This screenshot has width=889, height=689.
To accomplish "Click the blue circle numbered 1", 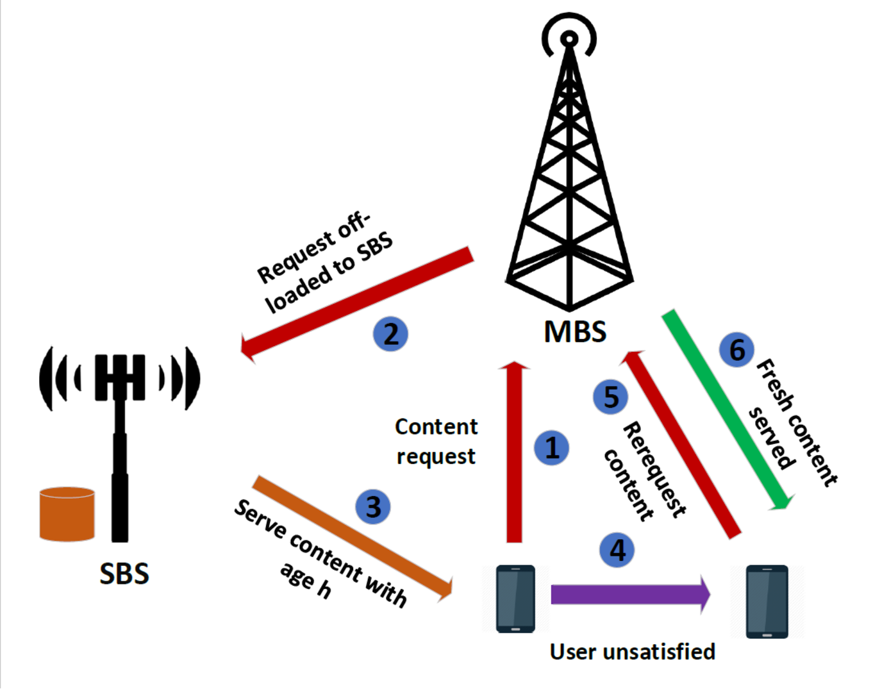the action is click(x=551, y=448).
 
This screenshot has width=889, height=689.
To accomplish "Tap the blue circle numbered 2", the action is click(x=390, y=334).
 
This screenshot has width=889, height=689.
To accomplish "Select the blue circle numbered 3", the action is click(x=372, y=507).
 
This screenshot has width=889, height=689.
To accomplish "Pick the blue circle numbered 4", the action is click(x=617, y=550).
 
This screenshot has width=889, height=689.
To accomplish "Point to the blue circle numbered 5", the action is click(x=610, y=397).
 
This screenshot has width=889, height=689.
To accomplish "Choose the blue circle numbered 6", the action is click(x=736, y=349).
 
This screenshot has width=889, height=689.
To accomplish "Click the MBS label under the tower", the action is click(x=575, y=331).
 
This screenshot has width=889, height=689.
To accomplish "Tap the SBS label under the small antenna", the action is click(x=124, y=574).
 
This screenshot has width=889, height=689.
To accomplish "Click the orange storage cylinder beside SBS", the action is click(x=67, y=514).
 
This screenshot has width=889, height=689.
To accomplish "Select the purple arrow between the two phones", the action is click(x=631, y=595).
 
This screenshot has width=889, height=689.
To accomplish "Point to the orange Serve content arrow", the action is click(x=353, y=538).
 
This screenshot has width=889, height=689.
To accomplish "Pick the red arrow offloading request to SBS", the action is click(x=357, y=304).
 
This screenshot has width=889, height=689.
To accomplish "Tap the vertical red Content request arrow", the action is click(x=514, y=452).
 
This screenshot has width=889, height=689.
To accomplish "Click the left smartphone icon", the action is click(x=515, y=599).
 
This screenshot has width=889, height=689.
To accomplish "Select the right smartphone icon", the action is click(x=767, y=601).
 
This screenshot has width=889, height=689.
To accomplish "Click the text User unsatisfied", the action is click(x=633, y=652).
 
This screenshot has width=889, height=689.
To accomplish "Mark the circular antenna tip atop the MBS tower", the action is click(x=569, y=39).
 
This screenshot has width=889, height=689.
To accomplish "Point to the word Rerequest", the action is click(x=654, y=470).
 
